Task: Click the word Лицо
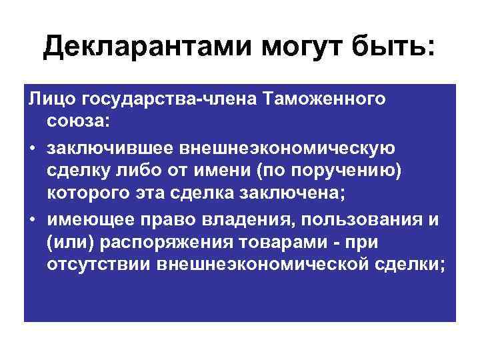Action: [51, 100]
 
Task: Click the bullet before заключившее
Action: [32, 147]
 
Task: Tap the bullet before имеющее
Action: [32, 219]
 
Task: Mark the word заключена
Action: [274, 195]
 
